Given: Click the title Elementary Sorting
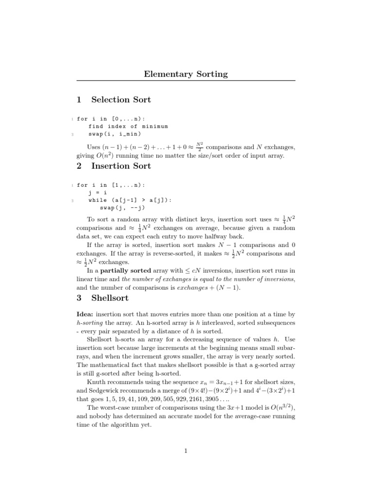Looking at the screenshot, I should (186, 74).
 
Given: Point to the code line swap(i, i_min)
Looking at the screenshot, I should (115, 134).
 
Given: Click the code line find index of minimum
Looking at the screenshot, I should (128, 126).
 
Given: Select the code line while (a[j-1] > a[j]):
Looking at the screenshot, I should (130, 200).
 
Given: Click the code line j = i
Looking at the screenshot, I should (100, 192).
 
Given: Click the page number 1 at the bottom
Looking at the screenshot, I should (186, 451).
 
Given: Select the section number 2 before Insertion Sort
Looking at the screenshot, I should (79, 166).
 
